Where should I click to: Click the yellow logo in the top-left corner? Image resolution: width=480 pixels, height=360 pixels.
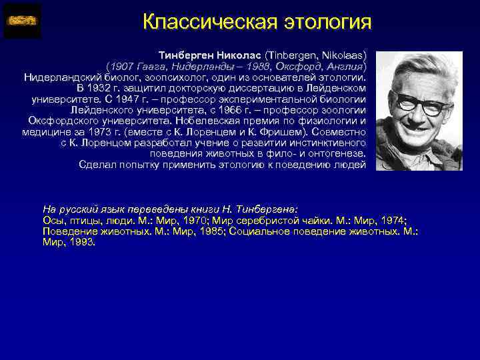coord(22,20)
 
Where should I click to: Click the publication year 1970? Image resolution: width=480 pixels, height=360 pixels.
coord(176,221)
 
